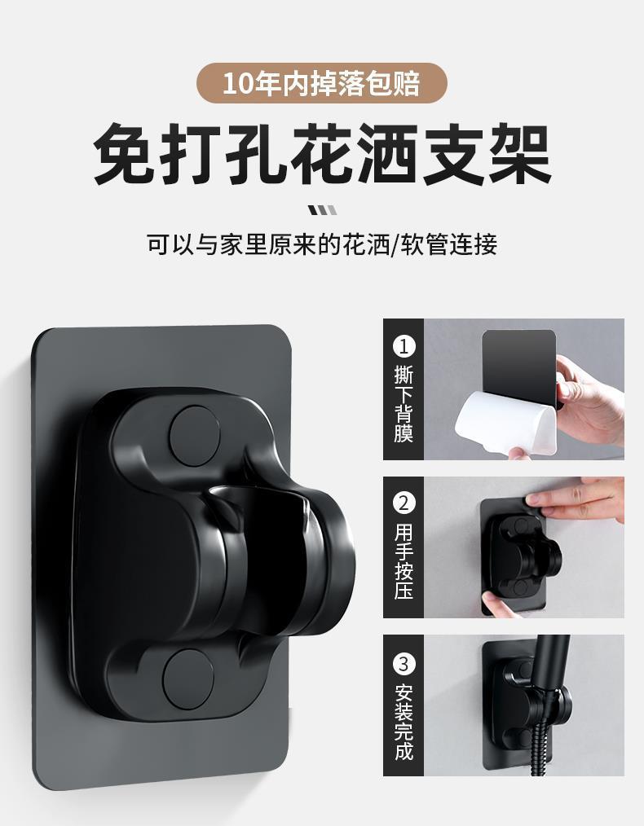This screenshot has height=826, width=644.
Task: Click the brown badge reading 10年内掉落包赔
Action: (322, 84)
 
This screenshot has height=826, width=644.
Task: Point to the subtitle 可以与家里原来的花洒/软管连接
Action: (322, 244)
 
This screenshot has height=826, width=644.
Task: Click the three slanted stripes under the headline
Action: (323, 210)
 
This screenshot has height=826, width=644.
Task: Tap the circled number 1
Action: (404, 346)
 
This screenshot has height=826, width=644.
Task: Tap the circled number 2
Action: (404, 503)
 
